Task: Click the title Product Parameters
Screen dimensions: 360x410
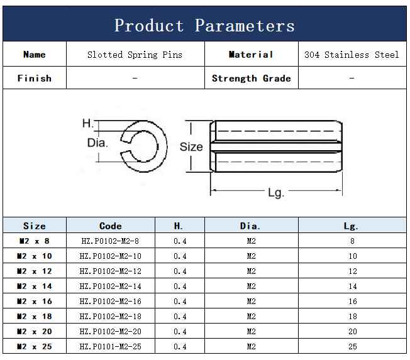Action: (204, 26)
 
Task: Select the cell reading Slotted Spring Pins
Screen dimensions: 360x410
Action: (135, 55)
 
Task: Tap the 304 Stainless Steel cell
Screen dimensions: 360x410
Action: (352, 55)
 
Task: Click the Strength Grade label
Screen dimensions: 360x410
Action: (251, 79)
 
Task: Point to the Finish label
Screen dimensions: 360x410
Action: (34, 79)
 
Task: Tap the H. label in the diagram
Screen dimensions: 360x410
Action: (88, 124)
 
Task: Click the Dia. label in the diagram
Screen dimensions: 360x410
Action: (97, 143)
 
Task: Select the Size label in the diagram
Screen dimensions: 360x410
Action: (191, 147)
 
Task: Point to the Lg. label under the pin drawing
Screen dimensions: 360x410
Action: (276, 193)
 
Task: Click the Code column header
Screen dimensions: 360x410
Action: (110, 226)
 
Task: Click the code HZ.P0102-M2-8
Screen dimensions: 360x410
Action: (110, 241)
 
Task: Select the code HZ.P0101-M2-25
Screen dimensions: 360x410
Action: (110, 347)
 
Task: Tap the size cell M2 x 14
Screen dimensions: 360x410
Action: (34, 286)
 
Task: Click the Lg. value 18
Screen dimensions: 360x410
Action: (352, 317)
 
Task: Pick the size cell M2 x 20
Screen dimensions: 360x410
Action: (34, 332)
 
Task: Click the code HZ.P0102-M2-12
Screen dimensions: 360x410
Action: (110, 271)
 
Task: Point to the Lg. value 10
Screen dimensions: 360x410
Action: (352, 256)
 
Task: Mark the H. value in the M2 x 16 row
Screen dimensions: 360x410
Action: (180, 302)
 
